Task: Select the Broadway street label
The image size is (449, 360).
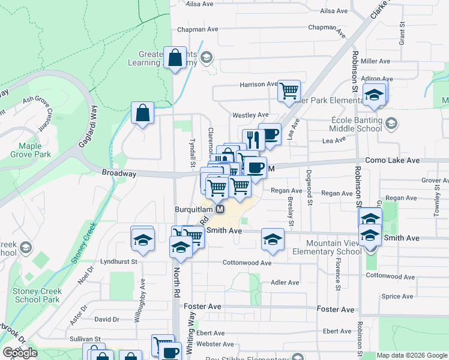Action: (119, 173)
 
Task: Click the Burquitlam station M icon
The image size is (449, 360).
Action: (220, 210)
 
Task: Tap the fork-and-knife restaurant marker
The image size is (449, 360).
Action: (253, 139)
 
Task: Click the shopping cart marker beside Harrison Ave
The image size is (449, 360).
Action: (289, 91)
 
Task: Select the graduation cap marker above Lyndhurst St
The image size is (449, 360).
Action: (142, 239)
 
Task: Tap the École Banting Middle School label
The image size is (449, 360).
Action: (357, 124)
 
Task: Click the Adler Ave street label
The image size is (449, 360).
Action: (285, 282)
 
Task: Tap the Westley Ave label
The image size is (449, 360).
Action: (250, 115)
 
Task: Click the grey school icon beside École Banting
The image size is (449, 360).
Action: (391, 124)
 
